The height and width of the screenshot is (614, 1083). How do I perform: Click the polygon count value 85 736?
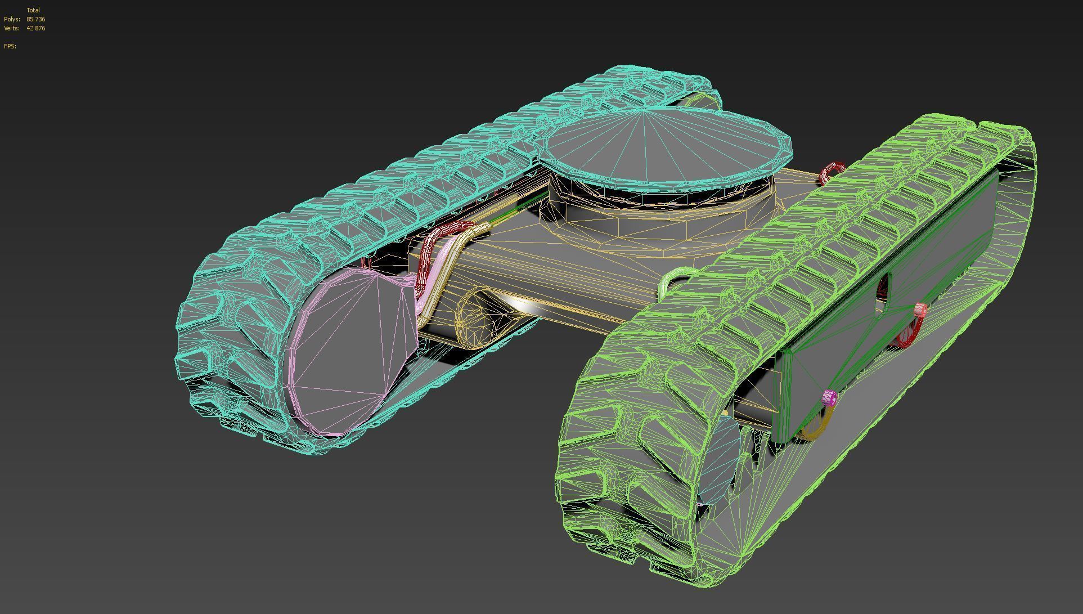[x=35, y=19]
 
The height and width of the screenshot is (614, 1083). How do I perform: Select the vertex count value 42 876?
[x=35, y=28]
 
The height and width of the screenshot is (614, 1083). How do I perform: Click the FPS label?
[x=10, y=46]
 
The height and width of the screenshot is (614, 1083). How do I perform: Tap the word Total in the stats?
[x=33, y=10]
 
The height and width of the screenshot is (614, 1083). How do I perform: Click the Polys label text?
[x=12, y=19]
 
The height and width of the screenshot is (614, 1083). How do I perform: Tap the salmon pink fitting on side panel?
[x=920, y=309]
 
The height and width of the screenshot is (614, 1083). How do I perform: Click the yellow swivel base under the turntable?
[x=658, y=225]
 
